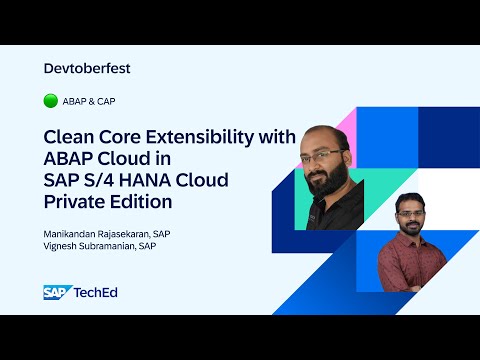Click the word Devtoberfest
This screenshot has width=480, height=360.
pyautogui.click(x=88, y=68)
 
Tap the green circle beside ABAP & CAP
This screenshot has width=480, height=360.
pyautogui.click(x=51, y=100)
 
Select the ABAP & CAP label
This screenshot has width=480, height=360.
pyautogui.click(x=89, y=100)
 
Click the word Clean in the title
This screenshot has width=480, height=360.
pyautogui.click(x=70, y=138)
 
